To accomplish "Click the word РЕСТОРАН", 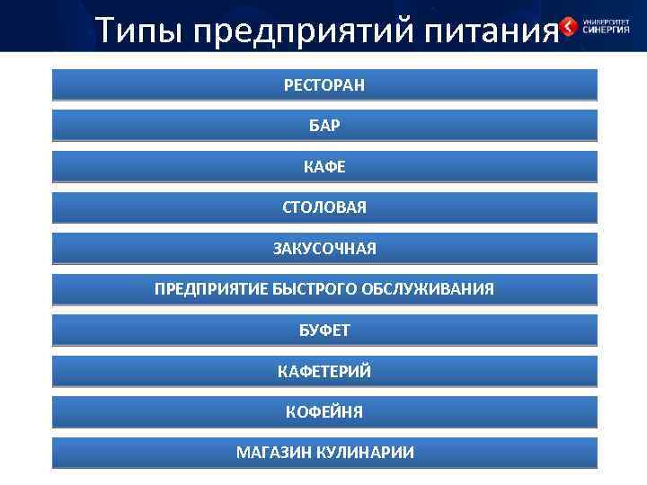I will pos(324,85).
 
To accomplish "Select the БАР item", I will pos(324,126).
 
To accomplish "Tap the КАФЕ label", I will pos(324,167).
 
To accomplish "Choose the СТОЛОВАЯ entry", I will pos(324,207).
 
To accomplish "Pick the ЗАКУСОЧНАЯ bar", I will pos(324,249).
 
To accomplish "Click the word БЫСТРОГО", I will pos(315,289).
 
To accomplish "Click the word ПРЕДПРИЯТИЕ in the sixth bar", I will pos(211,289).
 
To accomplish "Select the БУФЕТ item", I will pos(324,331).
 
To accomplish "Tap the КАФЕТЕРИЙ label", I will pos(324,371).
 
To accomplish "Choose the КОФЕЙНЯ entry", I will pos(324,412).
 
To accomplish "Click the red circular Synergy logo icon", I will pos(568,26).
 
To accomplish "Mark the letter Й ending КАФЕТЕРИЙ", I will pos(365,371).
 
